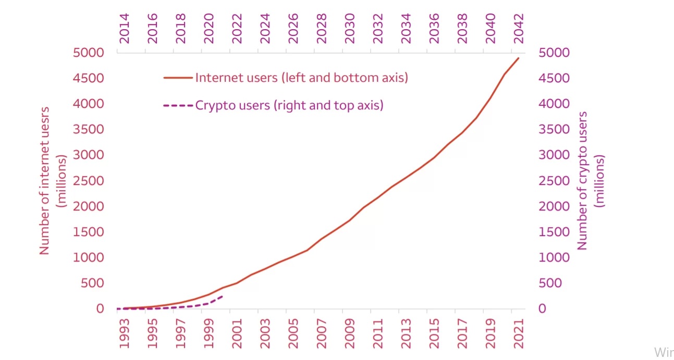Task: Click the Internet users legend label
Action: (301, 78)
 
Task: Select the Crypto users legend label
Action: (289, 105)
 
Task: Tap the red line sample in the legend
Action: (178, 78)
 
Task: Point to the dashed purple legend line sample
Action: (178, 106)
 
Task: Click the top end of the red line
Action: (519, 58)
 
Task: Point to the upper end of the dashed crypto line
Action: (223, 296)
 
